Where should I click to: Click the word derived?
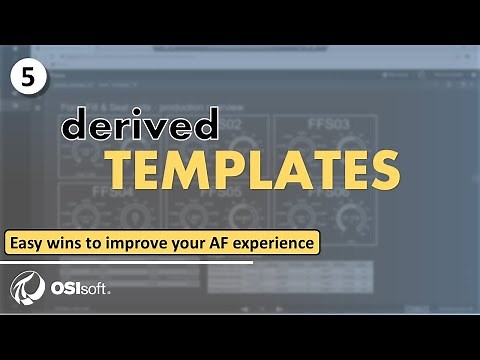140,126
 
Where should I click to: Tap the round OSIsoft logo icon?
25,289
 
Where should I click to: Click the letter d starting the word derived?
74,126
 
